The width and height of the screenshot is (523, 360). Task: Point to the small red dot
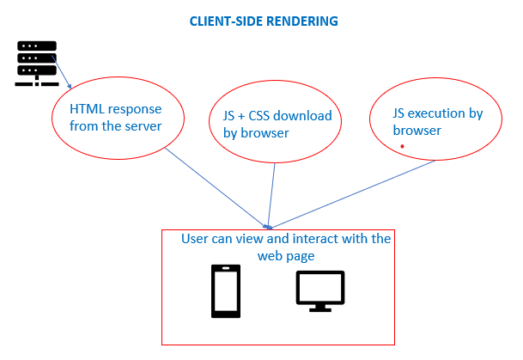pos(402,148)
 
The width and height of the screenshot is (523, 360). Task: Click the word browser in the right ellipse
pos(417,131)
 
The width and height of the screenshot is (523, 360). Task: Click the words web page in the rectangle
pos(286,256)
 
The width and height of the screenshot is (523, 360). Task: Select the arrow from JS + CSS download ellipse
pos(271,193)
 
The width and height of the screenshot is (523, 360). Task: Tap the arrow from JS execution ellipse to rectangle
pos(352,193)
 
